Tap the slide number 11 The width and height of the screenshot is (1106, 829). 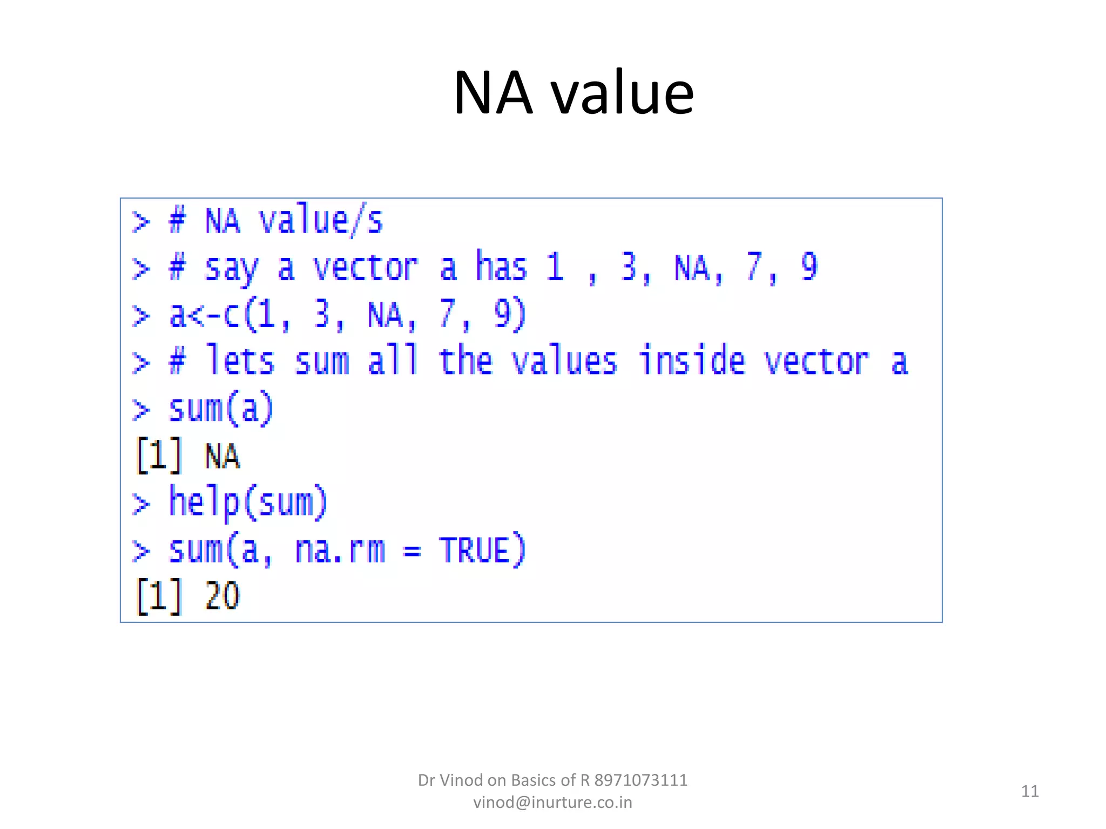[x=1030, y=791]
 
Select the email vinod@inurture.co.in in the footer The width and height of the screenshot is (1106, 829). [x=552, y=803]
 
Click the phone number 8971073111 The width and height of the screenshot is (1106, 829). [x=641, y=780]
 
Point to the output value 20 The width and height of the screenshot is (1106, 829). [x=222, y=596]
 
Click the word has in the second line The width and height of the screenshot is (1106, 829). [x=501, y=267]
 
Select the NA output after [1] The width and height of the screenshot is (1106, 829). [x=222, y=456]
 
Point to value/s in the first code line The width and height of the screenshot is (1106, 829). [x=321, y=221]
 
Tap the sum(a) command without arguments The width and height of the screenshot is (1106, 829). [x=221, y=409]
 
